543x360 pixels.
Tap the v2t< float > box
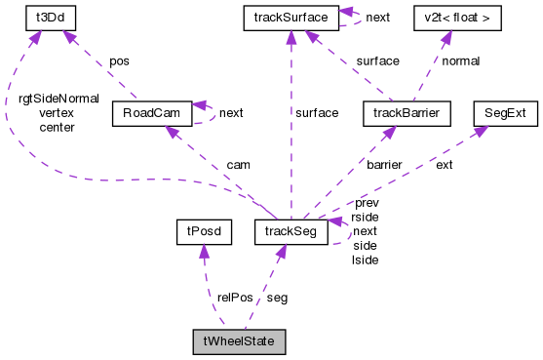[445, 17]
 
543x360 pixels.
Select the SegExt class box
[504, 114]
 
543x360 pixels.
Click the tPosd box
[199, 231]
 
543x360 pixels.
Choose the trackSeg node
[290, 231]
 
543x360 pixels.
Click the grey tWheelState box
[239, 342]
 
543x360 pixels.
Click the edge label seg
[277, 298]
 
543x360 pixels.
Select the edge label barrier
[383, 164]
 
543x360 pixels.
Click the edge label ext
[444, 164]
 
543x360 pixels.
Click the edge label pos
[118, 60]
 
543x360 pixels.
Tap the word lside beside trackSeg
[365, 260]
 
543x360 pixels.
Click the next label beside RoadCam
[231, 113]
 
